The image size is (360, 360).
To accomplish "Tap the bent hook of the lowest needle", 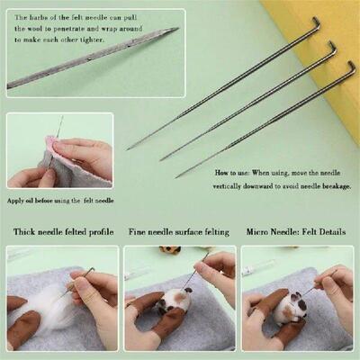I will [x=351, y=67].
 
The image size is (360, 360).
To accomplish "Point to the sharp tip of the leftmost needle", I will [x=129, y=148].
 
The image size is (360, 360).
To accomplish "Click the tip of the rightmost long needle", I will [x=178, y=176].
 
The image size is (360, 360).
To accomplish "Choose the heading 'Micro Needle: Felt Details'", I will [x=296, y=232].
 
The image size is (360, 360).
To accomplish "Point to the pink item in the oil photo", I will [x=51, y=142].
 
